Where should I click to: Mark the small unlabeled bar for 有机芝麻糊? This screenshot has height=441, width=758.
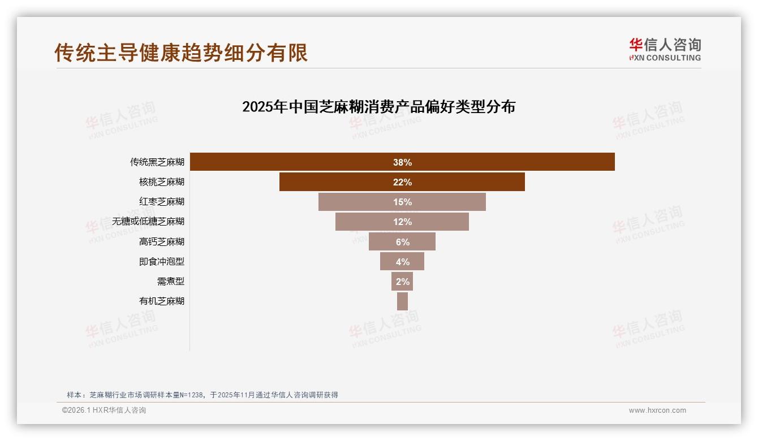click(x=402, y=301)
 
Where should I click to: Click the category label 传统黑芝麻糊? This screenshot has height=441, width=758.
click(x=157, y=162)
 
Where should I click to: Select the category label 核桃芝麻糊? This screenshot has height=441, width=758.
click(x=162, y=182)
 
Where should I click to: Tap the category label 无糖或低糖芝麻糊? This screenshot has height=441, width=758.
click(x=148, y=222)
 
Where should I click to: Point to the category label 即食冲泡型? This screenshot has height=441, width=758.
click(x=162, y=261)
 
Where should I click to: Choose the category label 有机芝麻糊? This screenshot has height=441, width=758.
click(x=162, y=301)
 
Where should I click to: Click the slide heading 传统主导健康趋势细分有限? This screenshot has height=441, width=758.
click(x=181, y=53)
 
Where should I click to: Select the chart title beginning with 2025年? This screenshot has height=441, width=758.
click(x=378, y=107)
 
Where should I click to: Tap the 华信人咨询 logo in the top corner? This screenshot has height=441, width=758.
click(x=665, y=49)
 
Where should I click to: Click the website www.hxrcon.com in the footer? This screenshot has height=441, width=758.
click(x=657, y=410)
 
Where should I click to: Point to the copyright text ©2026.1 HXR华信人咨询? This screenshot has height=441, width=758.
click(x=104, y=410)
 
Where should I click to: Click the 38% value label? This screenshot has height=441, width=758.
click(x=402, y=162)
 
